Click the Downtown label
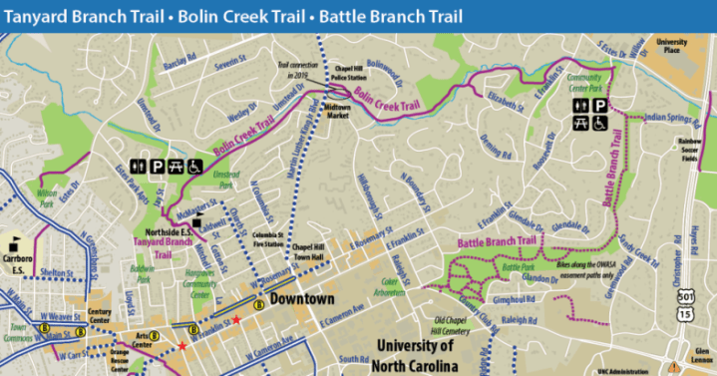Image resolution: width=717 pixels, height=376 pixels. [300, 298]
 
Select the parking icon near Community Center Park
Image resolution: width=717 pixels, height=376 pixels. [599, 105]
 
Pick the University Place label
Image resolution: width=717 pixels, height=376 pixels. [672, 46]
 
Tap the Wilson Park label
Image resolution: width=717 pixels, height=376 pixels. [47, 195]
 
